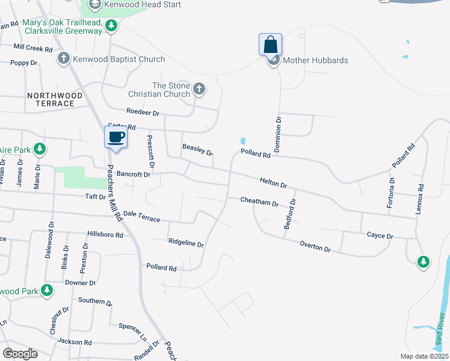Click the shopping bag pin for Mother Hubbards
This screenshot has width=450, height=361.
point(271,45)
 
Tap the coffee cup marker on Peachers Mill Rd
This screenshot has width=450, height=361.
point(116,137)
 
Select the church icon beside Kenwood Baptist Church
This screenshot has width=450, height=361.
point(63,58)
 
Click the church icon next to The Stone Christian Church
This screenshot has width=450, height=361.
point(199,90)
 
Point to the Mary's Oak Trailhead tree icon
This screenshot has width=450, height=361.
point(111,25)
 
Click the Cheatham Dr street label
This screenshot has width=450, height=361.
point(259,202)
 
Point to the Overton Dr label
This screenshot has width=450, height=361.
point(315,246)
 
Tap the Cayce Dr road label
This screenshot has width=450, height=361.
point(380,236)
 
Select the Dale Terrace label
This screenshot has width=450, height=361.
point(141,217)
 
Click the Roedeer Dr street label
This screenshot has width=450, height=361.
point(143,112)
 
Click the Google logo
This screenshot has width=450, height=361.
point(20,353)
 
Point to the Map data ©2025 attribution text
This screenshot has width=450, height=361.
point(416,356)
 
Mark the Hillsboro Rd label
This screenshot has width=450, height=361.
point(105,234)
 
